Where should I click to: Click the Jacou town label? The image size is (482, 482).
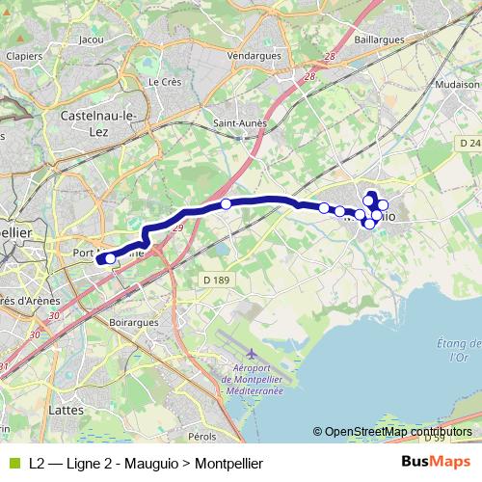click(x=93, y=40)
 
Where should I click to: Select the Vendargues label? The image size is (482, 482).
click(x=254, y=55)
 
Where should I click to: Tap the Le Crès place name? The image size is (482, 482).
click(x=165, y=82)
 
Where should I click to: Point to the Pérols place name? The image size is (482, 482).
click(x=202, y=437)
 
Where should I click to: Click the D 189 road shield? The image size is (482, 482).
click(x=215, y=280)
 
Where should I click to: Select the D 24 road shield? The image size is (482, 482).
click(x=469, y=143)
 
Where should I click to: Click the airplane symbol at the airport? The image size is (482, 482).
click(x=252, y=354)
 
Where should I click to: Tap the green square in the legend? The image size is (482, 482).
click(x=13, y=463)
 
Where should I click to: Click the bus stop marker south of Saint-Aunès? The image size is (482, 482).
click(x=226, y=203)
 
